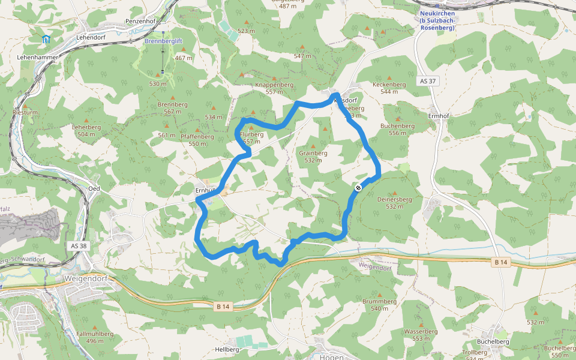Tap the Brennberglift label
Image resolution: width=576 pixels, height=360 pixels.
(163, 41)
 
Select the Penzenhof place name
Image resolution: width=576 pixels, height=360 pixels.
(141, 21)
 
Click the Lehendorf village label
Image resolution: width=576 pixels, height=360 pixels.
(91, 37)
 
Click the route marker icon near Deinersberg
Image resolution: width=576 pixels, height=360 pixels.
(358, 188)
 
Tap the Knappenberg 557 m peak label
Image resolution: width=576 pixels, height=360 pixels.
(274, 88)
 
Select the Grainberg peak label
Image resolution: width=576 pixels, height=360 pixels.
(313, 157)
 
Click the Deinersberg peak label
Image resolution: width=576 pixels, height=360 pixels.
(395, 202)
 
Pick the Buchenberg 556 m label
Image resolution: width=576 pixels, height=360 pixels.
(397, 129)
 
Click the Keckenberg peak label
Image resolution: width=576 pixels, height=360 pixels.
(389, 88)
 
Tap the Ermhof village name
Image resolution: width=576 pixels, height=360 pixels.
(439, 116)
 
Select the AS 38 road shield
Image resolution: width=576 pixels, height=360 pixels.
(79, 246)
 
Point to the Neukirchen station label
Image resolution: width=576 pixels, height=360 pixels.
(437, 20)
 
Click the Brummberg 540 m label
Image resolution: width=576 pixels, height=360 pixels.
(380, 304)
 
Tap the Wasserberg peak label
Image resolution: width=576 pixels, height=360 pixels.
(421, 334)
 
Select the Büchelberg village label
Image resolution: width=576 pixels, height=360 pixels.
(493, 341)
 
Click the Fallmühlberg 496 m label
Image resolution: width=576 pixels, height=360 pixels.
(95, 337)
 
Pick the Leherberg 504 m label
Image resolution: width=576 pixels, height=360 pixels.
(86, 130)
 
